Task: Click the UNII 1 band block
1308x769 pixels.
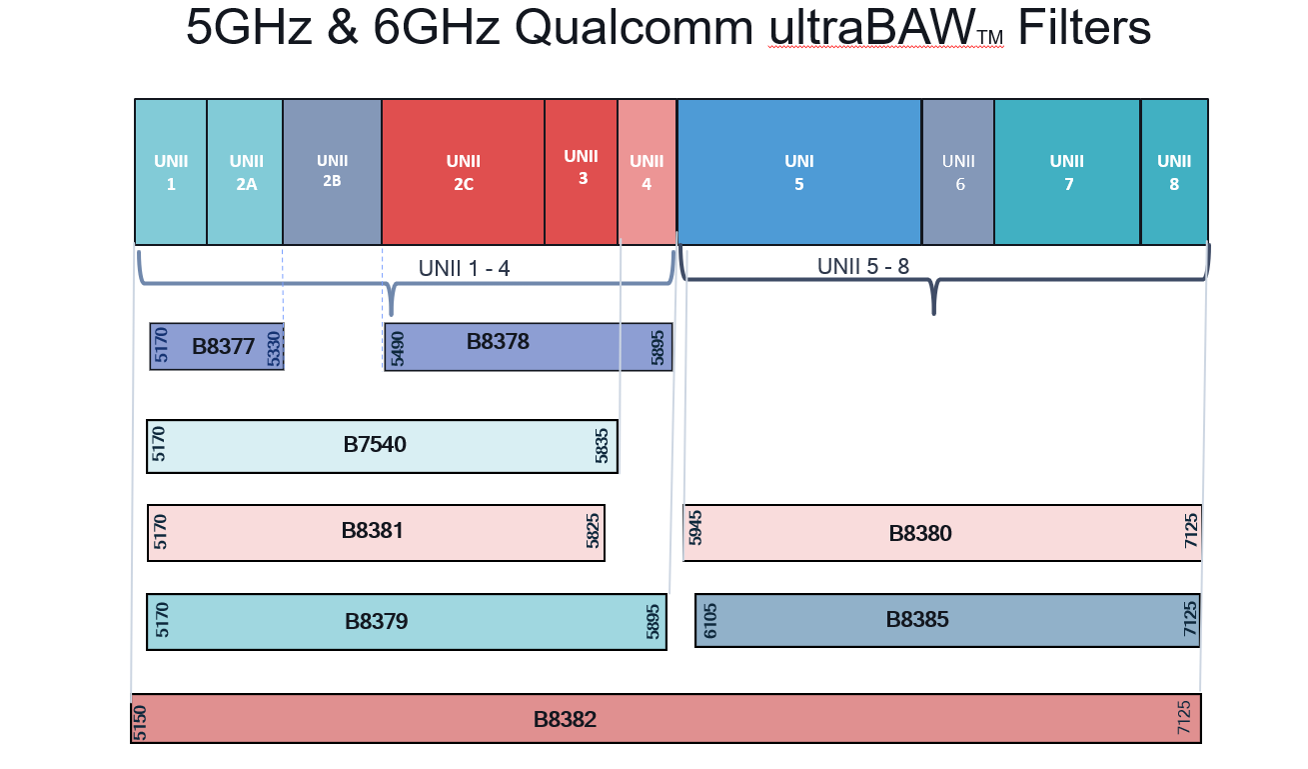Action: coord(171,172)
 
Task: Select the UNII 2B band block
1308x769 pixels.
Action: coord(332,171)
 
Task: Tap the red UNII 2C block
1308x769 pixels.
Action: coord(463,172)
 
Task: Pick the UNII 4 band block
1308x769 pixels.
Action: coord(647,172)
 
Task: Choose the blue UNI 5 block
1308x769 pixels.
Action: coord(798,172)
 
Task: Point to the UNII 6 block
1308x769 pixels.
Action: coord(958,172)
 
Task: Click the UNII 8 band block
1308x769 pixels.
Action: coord(1174,172)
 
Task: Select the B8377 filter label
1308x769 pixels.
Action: coord(223,347)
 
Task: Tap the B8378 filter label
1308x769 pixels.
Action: coord(498,341)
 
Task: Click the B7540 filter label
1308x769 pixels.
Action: coord(375,444)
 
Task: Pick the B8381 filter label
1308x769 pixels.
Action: coord(372,530)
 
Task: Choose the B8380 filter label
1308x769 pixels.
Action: coord(920,534)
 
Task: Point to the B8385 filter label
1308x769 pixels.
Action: coord(917,620)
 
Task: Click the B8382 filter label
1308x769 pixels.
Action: coord(565,719)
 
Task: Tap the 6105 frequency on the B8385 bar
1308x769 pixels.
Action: coord(710,621)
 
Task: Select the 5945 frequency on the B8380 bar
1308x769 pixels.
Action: coord(696,527)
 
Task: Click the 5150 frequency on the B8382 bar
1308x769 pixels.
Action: coord(140,720)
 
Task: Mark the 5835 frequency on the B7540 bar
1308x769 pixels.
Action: coord(602,446)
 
